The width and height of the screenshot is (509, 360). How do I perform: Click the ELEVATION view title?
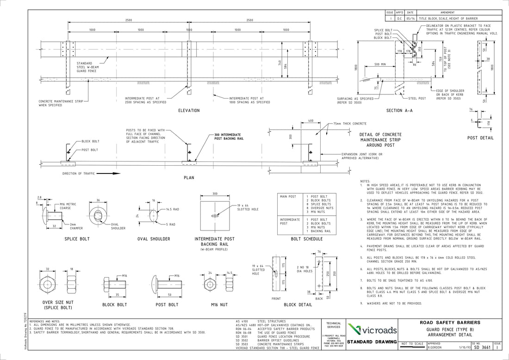click(189, 111)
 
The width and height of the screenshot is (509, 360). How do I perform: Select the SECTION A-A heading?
click(399, 111)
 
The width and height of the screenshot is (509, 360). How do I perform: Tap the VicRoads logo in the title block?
click(371, 330)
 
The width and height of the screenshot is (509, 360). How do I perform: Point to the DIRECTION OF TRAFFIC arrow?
click(106, 174)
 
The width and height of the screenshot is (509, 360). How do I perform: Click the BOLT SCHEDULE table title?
click(306, 239)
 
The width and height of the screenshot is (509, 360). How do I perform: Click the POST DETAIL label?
click(480, 138)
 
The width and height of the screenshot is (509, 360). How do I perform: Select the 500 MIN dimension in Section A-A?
click(381, 64)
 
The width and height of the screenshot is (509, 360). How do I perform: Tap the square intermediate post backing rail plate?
click(215, 215)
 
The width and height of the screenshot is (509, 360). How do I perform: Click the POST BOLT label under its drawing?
click(167, 304)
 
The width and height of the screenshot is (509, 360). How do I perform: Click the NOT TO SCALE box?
click(412, 344)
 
